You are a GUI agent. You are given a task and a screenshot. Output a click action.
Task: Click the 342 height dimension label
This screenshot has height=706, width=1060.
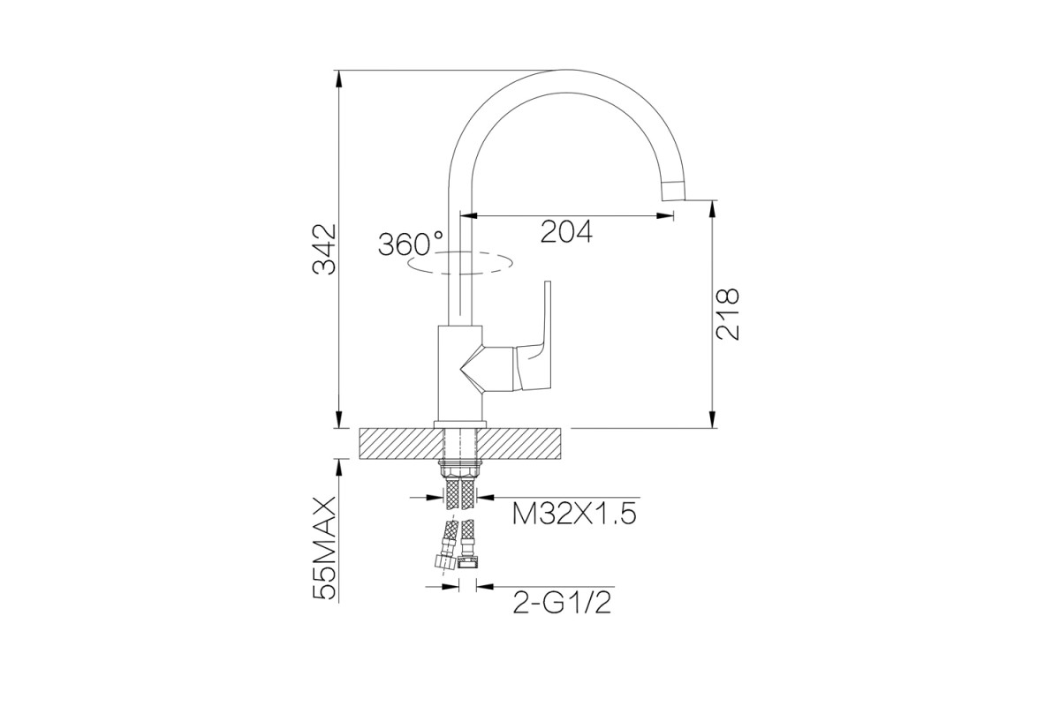point(324,249)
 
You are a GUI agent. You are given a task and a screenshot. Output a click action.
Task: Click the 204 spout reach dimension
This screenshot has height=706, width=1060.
point(566,232)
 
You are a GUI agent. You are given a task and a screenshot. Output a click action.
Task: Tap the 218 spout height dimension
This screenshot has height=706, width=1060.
point(727,314)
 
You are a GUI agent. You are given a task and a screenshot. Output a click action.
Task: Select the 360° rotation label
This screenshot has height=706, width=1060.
point(411,244)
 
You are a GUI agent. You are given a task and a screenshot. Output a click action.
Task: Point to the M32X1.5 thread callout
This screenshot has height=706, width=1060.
point(574,514)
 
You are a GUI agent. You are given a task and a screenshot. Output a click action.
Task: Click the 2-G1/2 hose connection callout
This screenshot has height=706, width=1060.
point(562,603)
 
